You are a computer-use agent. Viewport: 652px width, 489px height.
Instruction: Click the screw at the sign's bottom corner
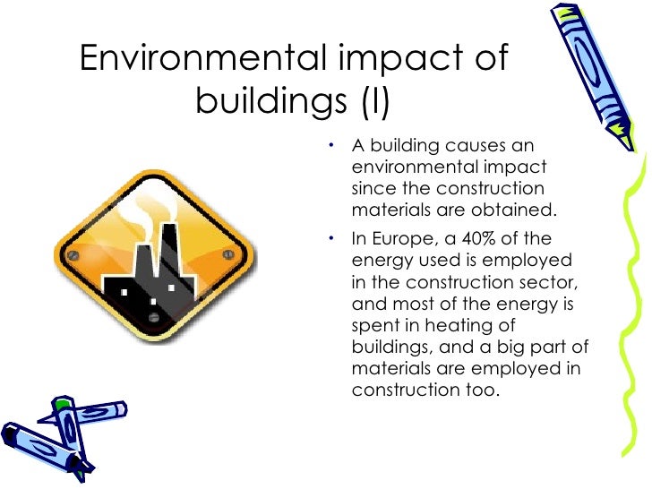[x=155, y=317]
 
